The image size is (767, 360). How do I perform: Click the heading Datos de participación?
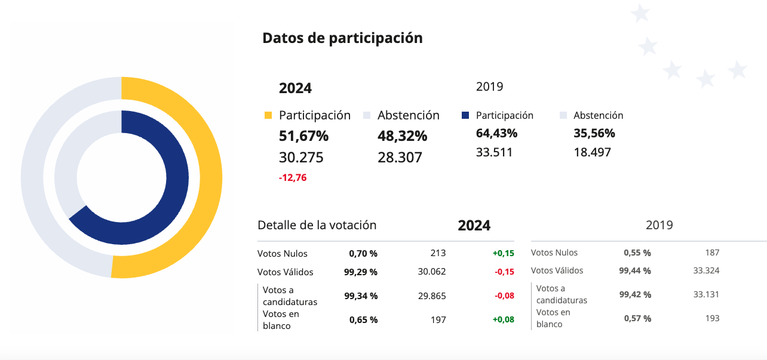(x=342, y=38)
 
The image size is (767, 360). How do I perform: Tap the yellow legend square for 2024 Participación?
(x=268, y=115)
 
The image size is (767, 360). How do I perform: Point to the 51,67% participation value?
(x=303, y=136)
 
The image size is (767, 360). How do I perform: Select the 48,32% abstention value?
(x=402, y=136)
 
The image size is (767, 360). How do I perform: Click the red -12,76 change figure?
(x=293, y=177)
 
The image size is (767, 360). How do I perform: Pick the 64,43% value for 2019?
(x=496, y=133)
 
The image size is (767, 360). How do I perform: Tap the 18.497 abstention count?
(x=592, y=152)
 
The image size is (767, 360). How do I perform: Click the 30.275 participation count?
(x=301, y=158)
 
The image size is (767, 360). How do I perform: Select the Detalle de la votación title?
(x=317, y=225)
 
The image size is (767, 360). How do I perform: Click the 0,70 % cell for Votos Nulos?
(x=363, y=253)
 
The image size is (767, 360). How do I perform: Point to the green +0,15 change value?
(x=503, y=253)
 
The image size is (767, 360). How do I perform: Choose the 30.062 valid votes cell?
(x=431, y=272)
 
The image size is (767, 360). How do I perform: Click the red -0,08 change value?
(x=503, y=296)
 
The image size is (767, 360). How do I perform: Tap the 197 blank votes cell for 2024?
(x=438, y=320)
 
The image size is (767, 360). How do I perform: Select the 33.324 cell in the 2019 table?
(x=706, y=270)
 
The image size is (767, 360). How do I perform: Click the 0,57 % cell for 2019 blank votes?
(x=637, y=318)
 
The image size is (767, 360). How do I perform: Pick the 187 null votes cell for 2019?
(x=711, y=253)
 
